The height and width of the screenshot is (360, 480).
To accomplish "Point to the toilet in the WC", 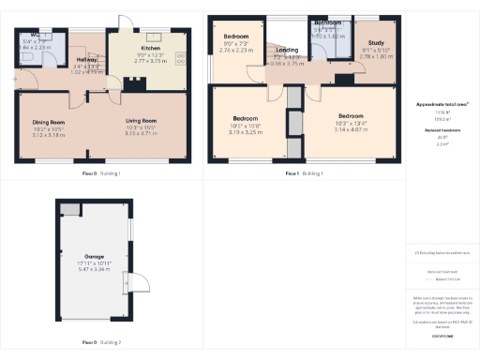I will coord(27,56).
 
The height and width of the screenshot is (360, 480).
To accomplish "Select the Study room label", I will coord(376,43).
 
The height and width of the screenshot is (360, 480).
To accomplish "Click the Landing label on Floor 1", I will coord(288,51).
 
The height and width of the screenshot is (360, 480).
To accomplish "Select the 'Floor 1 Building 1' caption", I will coord(305,173).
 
